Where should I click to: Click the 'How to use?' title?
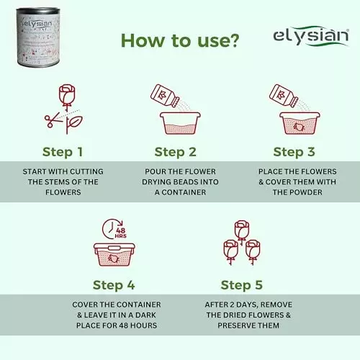tap(179, 40)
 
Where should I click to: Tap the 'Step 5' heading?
tap(246, 284)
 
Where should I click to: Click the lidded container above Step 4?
tap(114, 255)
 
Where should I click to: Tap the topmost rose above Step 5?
tap(241, 230)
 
